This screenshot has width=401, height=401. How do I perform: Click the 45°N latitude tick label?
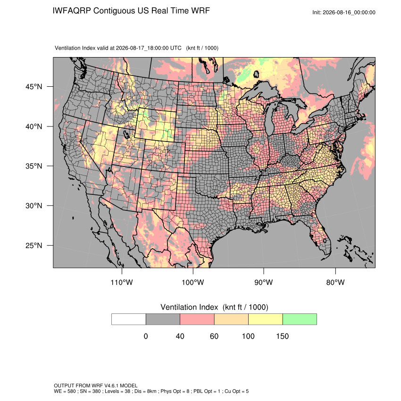pos(34,87)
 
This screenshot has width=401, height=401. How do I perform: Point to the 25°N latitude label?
pos(34,245)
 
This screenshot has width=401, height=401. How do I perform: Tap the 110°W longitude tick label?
pos(122,282)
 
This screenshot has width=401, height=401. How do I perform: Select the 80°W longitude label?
pos(335,282)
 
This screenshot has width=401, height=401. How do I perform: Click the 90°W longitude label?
pos(263,282)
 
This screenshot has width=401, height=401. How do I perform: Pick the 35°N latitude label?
pos(34,166)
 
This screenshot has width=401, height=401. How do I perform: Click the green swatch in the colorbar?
pos(300,319)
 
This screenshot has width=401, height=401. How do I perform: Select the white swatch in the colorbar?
pos(129,319)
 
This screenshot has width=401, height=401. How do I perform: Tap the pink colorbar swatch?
pos(197,319)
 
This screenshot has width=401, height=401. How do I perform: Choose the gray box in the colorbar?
pos(163,319)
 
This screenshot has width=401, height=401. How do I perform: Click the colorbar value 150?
pos(282,336)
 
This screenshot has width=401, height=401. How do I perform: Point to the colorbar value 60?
pos(214,336)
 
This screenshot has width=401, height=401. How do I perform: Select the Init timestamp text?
pos(344,12)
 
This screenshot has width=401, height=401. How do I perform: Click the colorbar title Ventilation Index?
pos(189,307)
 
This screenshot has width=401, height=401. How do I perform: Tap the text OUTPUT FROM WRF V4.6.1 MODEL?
pos(96,385)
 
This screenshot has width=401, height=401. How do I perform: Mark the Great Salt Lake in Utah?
pos(126,134)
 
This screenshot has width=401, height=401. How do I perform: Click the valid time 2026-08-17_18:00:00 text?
pos(149,48)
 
